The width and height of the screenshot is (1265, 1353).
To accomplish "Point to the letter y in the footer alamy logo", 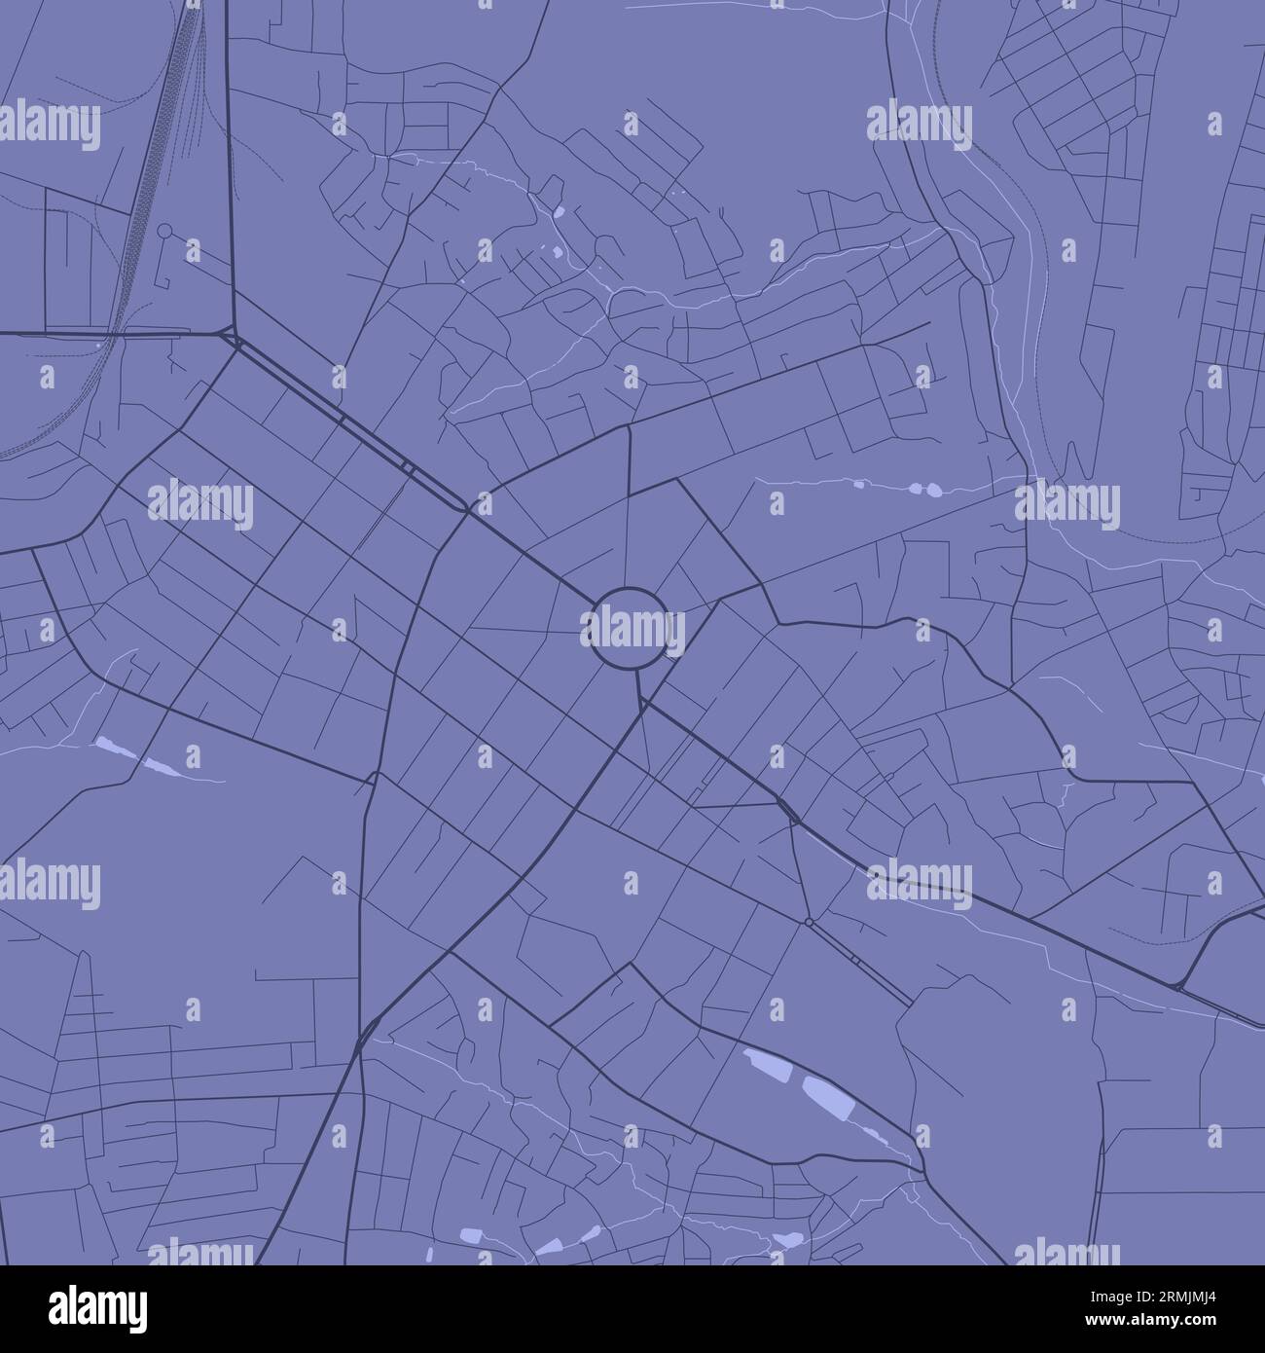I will tap(136, 1313).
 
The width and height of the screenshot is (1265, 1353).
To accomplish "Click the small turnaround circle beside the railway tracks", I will tap(164, 232).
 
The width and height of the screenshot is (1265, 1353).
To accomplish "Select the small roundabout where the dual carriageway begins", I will tap(809, 921).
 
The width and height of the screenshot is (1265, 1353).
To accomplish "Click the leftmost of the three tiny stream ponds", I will tap(860, 482).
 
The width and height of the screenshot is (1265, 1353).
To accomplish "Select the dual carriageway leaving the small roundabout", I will tap(856, 960).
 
